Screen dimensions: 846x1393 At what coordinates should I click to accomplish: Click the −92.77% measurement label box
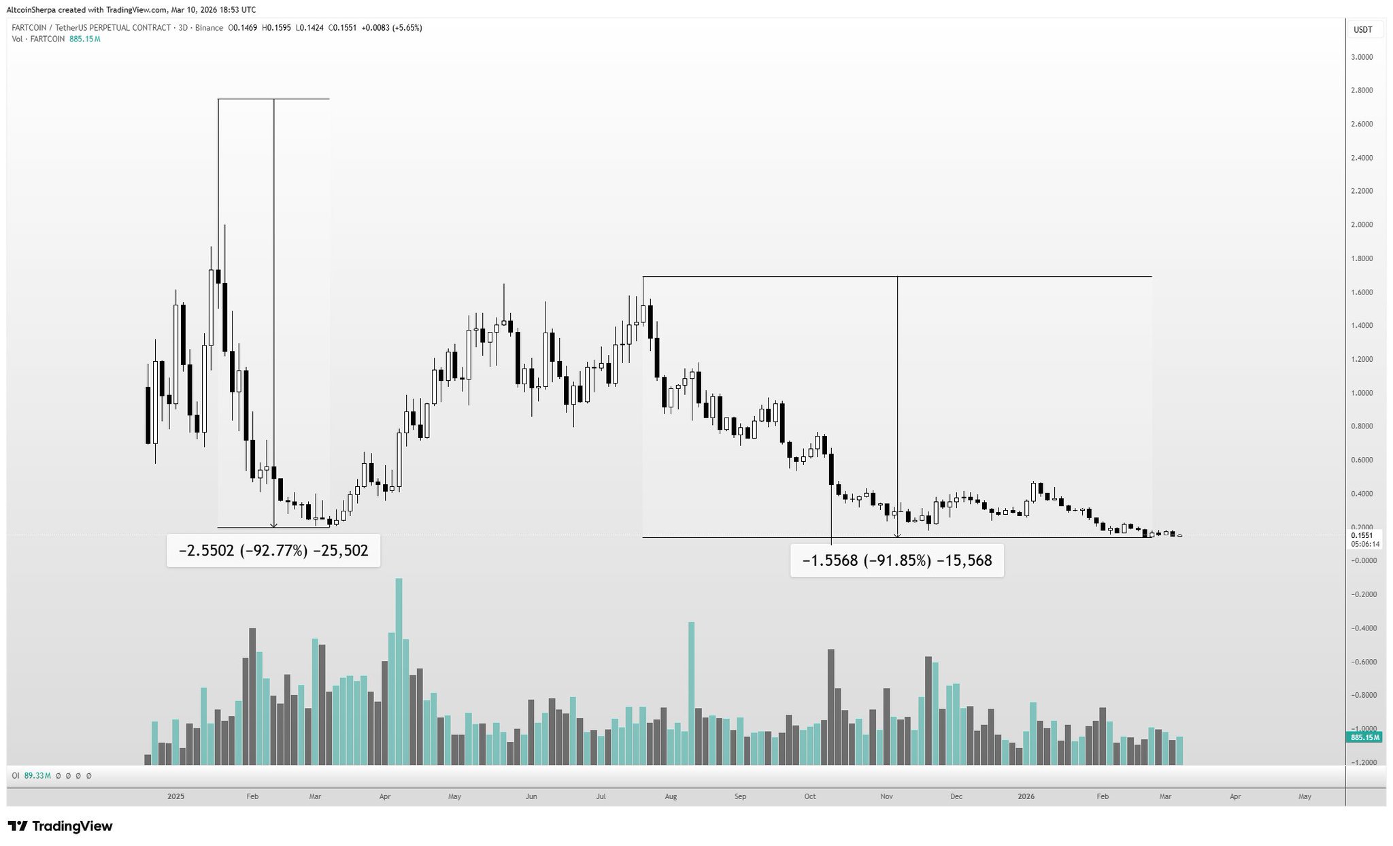[x=273, y=551]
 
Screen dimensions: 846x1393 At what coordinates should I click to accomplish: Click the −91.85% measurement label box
[x=896, y=561]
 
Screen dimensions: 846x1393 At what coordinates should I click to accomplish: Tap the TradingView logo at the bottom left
[x=61, y=826]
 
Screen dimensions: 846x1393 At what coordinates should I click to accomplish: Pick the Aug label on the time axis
[x=671, y=796]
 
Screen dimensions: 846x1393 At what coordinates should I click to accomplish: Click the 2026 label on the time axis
[x=1026, y=796]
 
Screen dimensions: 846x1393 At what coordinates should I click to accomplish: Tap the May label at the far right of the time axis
[x=1305, y=796]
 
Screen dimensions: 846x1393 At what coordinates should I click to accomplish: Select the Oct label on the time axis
[x=809, y=796]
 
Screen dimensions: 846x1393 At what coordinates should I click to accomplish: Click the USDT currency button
[x=1362, y=30]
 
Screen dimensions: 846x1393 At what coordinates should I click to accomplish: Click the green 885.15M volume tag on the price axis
[x=1364, y=738]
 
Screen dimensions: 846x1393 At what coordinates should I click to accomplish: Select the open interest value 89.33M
[x=37, y=775]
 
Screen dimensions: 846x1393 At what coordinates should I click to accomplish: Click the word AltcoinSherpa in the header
[x=31, y=10]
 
